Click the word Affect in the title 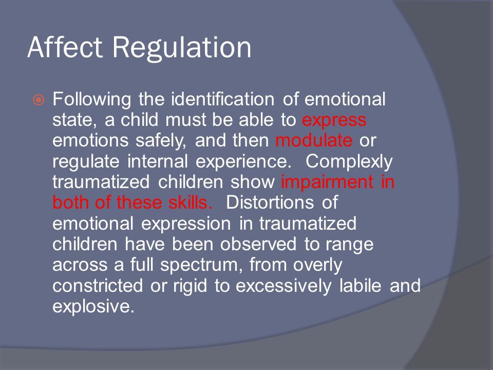[65, 47]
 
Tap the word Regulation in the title [182, 49]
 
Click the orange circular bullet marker [39, 100]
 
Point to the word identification [222, 99]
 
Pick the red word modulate [314, 140]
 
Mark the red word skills [190, 202]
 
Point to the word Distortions [270, 202]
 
